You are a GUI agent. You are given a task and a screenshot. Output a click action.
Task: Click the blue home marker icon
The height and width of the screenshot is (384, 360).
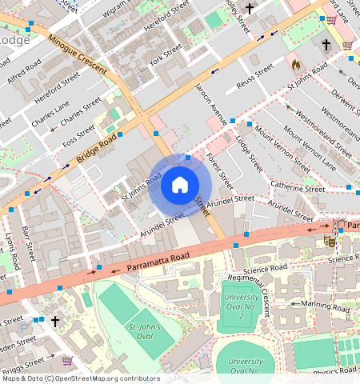tap(180, 186)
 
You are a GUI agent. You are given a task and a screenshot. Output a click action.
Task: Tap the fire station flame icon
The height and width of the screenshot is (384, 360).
tap(295, 63)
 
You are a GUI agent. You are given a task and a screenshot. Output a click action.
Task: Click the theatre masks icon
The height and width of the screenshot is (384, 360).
tap(329, 239)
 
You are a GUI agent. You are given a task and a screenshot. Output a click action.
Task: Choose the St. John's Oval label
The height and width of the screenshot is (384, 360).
tap(145, 332)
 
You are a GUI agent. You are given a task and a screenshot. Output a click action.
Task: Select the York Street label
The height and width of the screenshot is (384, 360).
tap(166, 57)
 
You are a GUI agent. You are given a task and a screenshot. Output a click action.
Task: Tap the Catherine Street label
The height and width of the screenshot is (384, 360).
tap(297, 190)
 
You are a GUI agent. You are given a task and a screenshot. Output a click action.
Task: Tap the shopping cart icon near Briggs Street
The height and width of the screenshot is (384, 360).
tap(67, 361)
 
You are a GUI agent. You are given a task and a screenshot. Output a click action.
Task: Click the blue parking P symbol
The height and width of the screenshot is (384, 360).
tap(23, 328)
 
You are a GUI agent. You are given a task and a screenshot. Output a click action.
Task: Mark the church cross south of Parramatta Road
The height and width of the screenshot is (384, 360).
tap(55, 321)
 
